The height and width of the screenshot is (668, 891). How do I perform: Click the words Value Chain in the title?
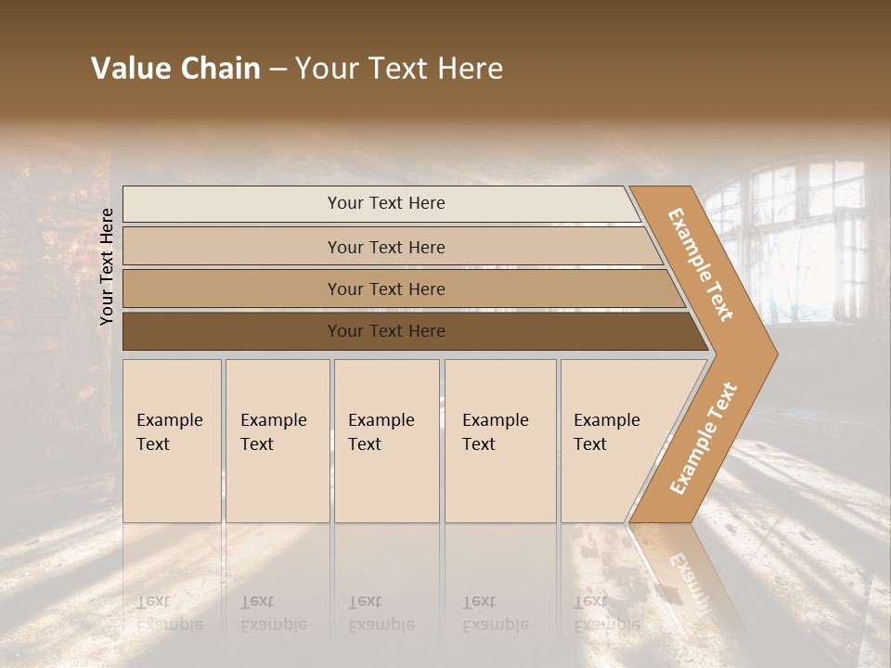pos(175,69)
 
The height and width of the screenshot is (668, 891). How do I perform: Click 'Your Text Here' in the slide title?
pos(399,69)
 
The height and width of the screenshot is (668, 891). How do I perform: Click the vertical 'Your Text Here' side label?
pos(107,266)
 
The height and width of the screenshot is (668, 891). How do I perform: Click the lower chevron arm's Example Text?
pos(704,439)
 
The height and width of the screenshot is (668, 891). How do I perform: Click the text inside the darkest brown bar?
pos(386,331)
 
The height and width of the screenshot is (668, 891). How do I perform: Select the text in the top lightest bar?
pos(386,203)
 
